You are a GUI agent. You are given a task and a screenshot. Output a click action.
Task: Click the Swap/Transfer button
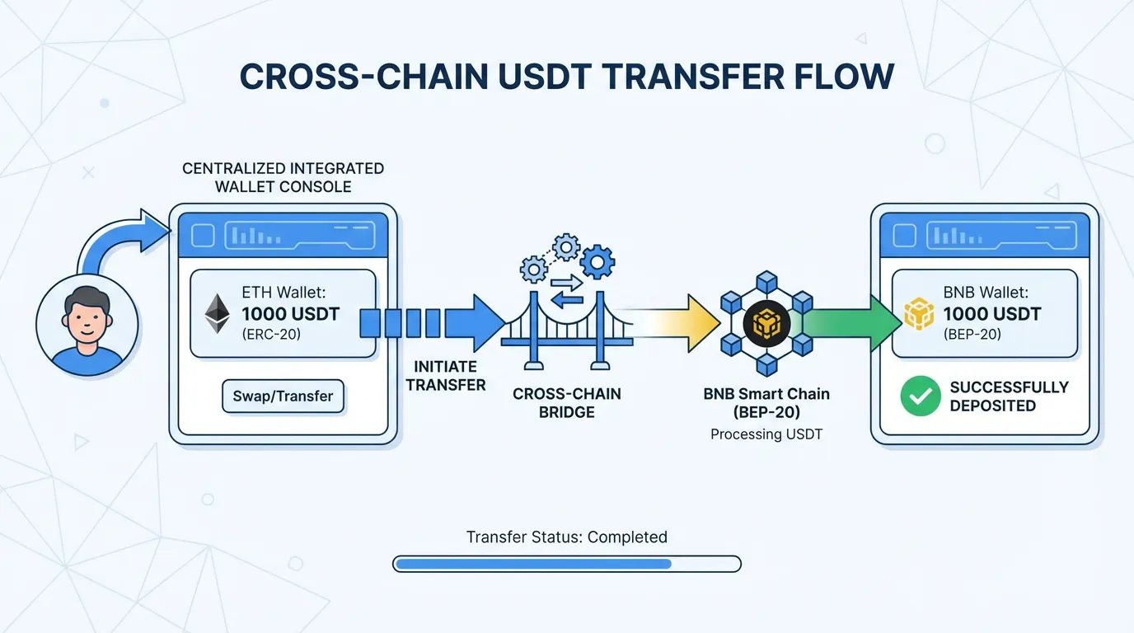click(283, 396)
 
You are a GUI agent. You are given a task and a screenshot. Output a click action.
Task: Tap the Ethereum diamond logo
click(218, 314)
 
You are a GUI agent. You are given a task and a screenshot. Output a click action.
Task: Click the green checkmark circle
click(920, 396)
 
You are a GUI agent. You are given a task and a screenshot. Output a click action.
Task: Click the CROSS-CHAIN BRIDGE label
click(567, 403)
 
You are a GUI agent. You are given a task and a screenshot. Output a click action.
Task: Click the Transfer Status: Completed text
click(567, 537)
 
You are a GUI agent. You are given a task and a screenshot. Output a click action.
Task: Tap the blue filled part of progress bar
click(533, 564)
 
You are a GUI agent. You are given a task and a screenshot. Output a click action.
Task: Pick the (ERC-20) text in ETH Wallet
click(272, 334)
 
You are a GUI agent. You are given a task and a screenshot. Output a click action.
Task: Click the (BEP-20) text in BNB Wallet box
click(973, 334)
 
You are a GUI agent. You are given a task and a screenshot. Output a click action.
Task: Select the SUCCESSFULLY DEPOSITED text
click(1009, 396)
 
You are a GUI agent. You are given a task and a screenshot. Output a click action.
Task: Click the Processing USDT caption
click(766, 434)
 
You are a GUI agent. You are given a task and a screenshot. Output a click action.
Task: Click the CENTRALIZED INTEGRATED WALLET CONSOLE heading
click(283, 177)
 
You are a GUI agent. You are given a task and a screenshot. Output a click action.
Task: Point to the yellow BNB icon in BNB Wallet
click(919, 314)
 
